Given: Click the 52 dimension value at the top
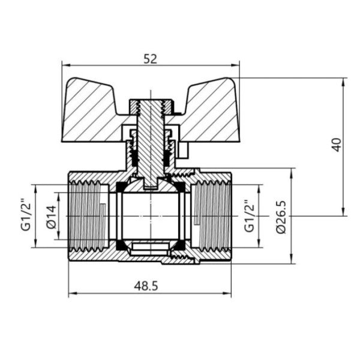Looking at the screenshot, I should click(151, 59).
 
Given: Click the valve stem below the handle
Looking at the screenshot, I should click(150, 150).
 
